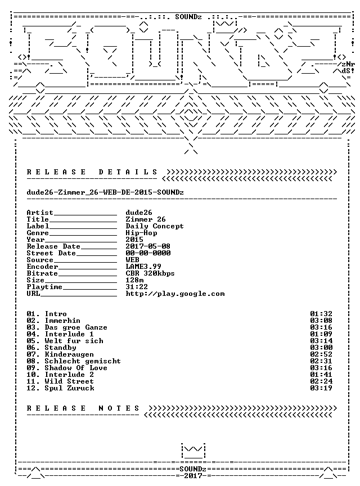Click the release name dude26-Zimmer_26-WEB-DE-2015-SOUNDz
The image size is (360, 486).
point(105,192)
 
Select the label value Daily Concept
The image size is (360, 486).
point(155,226)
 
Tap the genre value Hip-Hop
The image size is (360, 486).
point(141,233)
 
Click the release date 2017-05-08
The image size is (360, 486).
point(148,246)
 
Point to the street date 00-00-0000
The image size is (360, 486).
point(148,253)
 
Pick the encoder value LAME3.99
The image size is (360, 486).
point(143,267)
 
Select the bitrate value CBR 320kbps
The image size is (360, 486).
point(150,273)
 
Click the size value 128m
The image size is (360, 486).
point(134,280)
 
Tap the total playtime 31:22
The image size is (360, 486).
point(137,287)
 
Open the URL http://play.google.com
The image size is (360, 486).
point(175,294)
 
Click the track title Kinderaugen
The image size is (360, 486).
point(69,354)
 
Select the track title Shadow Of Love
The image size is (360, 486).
point(76,368)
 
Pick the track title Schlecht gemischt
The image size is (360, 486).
point(83,361)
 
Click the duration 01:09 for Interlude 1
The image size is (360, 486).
point(321,334)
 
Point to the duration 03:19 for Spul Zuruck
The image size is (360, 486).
point(321,388)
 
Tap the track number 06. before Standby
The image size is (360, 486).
point(33,348)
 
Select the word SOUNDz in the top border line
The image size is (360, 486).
point(188,17)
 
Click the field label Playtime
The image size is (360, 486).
point(44,287)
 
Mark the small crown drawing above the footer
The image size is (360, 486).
point(193,451)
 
